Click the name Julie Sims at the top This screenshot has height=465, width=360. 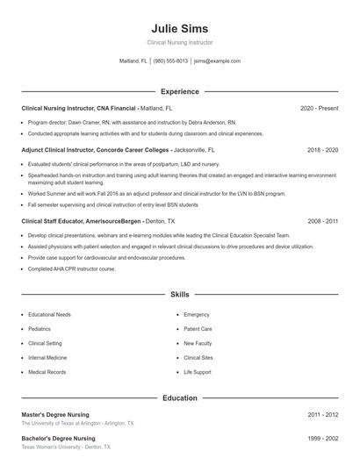coord(179,29)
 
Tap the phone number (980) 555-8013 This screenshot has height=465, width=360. coord(170,61)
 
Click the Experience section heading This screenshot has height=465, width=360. coord(179,91)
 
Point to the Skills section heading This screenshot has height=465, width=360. coord(179,295)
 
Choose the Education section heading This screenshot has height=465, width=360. coord(179,397)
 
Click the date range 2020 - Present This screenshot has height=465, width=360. coord(319,108)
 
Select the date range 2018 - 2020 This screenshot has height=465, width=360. coord(322,150)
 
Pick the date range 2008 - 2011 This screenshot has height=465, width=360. coord(322,222)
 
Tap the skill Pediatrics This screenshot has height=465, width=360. coord(41,329)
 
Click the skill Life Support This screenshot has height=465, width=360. coord(198,372)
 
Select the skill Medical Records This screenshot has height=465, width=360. coord(47,372)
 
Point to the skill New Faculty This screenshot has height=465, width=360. coord(198,343)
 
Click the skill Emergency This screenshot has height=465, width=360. coord(197,314)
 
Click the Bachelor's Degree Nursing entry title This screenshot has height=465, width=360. coord(59,438)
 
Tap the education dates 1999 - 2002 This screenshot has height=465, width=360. coord(322,438)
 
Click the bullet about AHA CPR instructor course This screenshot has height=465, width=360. coord(72,268)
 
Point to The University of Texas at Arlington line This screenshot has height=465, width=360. coord(78,423)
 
